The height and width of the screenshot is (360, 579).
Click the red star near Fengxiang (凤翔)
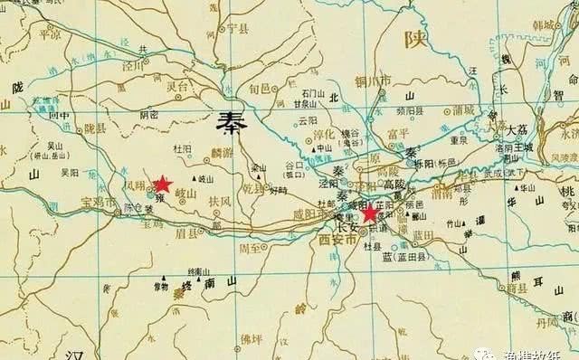coord(163,184)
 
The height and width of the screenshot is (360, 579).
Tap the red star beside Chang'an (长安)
coord(369,213)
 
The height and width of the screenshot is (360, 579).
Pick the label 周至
coord(249,247)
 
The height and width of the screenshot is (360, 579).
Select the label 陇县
coord(84,129)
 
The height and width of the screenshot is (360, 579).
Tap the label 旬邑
coord(260,89)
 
